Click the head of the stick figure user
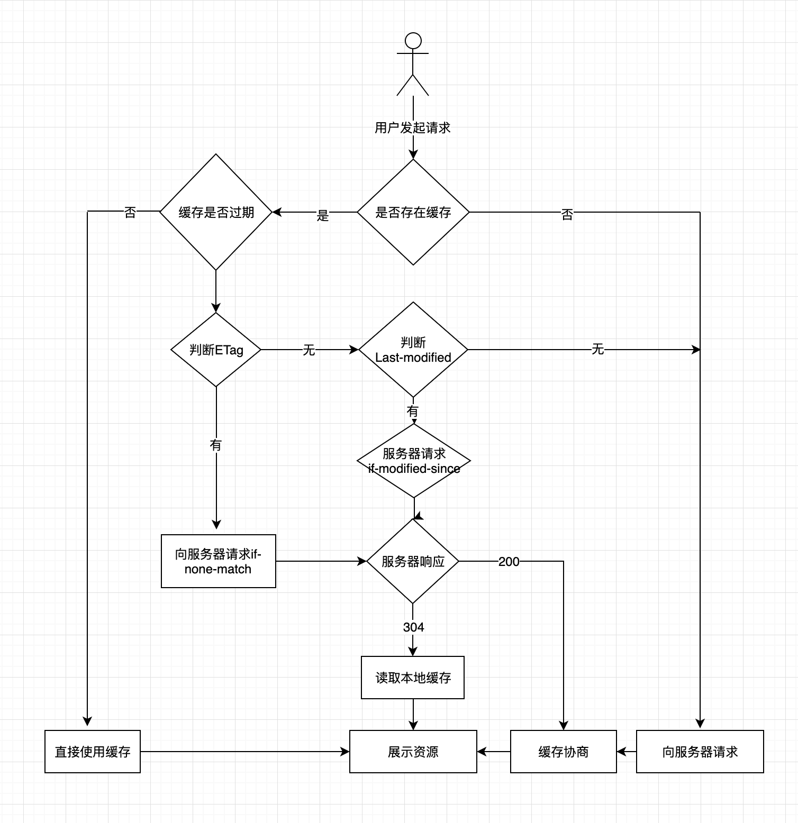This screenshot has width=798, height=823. coord(413,41)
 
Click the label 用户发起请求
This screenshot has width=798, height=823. coord(413,127)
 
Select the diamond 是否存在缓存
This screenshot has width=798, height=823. coord(413,212)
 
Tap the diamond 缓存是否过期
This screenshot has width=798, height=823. coord(216,212)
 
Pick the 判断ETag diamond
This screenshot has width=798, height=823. coord(216,350)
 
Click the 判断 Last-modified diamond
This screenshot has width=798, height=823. coord(413,350)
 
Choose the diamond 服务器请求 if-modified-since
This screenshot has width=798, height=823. coord(414,461)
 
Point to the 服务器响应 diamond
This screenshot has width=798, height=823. coord(413,561)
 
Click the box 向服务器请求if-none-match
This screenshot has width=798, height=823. coord(218,561)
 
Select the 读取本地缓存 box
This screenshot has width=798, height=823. coord(413,678)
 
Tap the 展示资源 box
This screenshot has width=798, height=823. coord(413,752)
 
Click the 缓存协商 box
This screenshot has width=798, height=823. coord(563,752)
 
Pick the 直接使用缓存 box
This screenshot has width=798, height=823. coord(93,752)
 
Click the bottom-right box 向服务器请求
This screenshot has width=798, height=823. coord(700,752)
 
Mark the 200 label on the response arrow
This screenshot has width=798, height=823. coord(509,562)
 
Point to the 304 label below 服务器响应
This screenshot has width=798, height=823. coord(413,627)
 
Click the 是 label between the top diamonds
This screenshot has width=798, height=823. coord(323,215)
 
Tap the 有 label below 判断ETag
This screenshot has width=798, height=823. coord(216,445)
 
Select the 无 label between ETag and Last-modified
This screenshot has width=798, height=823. coord(309,350)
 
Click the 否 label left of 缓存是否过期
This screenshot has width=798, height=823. coord(130,213)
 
